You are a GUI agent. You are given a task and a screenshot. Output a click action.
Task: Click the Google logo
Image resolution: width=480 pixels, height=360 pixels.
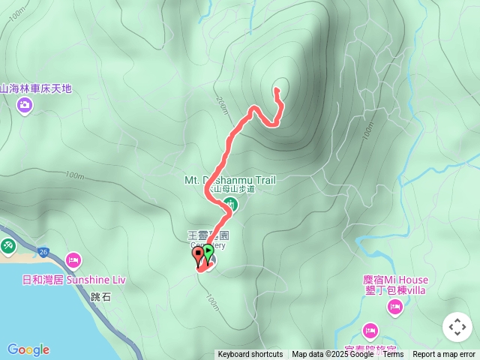click(28, 349)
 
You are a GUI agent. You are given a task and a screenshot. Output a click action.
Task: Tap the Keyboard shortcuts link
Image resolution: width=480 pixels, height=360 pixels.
click(250, 355)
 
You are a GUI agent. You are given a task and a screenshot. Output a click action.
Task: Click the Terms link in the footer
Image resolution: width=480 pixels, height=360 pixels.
click(393, 355)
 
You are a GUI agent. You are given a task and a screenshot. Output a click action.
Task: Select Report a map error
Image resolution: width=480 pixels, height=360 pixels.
click(444, 355)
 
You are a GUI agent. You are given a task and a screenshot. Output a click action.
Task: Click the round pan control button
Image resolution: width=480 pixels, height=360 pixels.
click(457, 327)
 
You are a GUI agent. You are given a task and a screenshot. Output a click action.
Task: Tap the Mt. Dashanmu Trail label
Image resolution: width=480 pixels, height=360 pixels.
click(230, 180)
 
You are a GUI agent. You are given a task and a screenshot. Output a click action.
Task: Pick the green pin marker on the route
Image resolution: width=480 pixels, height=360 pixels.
click(208, 253)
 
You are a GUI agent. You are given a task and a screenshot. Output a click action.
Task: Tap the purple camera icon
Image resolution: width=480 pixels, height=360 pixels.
click(25, 105)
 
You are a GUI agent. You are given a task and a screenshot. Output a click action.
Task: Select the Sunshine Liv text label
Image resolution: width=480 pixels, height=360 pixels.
click(96, 280)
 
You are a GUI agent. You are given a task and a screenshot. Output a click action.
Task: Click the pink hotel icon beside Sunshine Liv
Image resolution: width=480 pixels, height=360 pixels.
click(73, 261)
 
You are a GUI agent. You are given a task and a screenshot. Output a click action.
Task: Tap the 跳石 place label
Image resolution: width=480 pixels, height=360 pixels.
click(100, 297)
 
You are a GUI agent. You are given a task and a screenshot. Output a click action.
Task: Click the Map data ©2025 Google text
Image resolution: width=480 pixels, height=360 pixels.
click(332, 355)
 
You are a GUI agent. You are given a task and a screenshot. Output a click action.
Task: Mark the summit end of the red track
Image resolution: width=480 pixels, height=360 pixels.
click(276, 90)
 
